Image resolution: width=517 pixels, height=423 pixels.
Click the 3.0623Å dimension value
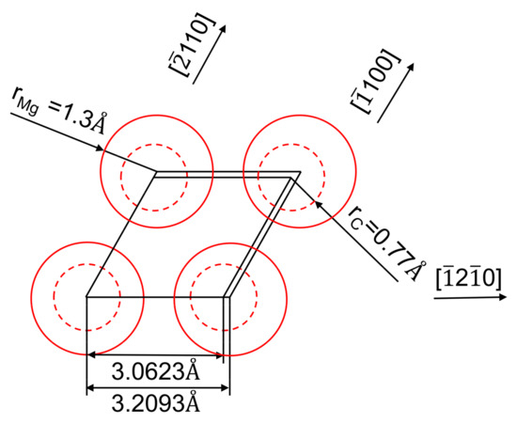156,371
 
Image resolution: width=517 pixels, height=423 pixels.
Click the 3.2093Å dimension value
156,403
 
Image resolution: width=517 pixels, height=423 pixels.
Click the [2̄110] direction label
192,45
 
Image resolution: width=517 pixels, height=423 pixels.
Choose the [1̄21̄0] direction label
468,279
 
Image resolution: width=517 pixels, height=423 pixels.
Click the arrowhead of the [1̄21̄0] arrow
503,297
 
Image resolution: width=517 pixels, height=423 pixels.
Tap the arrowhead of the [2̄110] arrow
224,29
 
